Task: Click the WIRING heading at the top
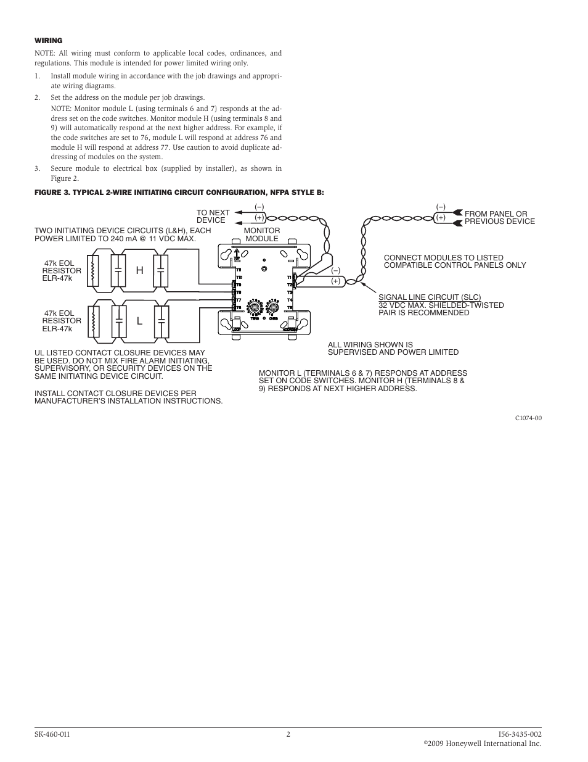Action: click(49, 41)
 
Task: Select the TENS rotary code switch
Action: click(255, 306)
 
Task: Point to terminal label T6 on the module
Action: click(239, 307)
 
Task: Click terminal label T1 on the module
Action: click(290, 278)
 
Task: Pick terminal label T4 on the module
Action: click(290, 300)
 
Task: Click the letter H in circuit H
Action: click(140, 271)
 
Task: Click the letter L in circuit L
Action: click(140, 321)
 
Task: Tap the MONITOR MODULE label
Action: click(262, 234)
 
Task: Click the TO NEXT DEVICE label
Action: click(213, 216)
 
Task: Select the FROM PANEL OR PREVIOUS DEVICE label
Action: click(499, 217)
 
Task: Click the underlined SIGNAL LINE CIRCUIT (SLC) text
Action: click(430, 297)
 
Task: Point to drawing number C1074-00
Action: click(528, 418)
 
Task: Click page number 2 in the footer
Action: click(288, 734)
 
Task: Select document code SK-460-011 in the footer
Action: click(52, 734)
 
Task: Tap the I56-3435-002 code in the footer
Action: click(520, 734)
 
